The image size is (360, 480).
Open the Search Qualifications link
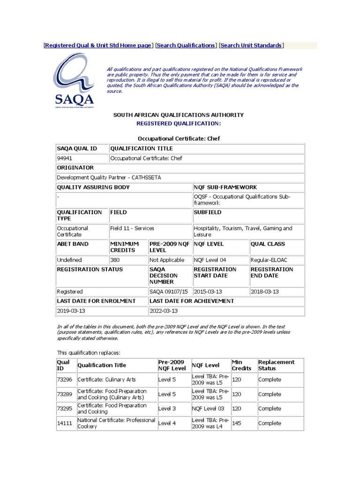coord(186,45)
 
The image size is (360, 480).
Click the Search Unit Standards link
coord(251,45)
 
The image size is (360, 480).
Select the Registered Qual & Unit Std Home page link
coord(98,45)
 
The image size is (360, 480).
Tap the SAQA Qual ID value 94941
coord(65,158)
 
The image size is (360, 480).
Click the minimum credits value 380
coord(115,260)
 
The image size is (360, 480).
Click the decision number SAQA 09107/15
coord(166,292)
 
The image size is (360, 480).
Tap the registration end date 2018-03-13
coord(265,292)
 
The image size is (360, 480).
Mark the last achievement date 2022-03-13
coord(164,310)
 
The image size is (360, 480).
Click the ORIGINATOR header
coord(75,168)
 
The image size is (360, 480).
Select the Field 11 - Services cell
coord(132,228)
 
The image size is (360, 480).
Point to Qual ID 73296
coord(64,380)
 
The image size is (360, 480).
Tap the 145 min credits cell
coord(237,423)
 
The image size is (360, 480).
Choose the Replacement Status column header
coord(276,365)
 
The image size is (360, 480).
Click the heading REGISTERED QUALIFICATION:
coord(178,123)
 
